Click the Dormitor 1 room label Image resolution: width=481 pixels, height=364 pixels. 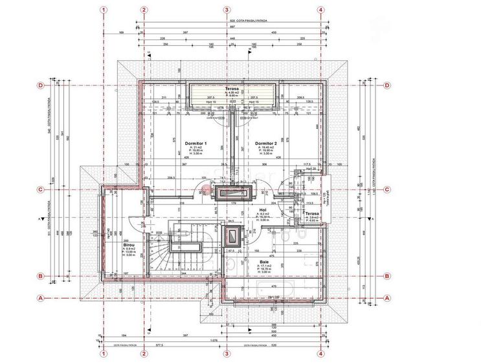[196, 144]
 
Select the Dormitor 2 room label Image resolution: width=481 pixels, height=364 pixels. [266, 144]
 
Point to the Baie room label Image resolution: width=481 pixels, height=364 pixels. [265, 262]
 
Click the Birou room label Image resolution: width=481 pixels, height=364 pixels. [128, 246]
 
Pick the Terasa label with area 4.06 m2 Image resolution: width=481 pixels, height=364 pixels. [232, 89]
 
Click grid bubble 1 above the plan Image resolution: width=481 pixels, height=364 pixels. [103, 10]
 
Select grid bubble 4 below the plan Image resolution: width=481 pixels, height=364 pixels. [320, 354]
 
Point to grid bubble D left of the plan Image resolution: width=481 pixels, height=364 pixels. [40, 85]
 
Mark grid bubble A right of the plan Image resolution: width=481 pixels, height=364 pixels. [388, 298]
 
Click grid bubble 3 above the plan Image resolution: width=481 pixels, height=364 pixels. [227, 10]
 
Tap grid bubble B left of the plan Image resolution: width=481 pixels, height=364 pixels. [40, 276]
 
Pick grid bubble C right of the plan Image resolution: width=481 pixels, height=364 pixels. [388, 189]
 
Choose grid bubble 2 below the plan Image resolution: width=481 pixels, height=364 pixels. [144, 354]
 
